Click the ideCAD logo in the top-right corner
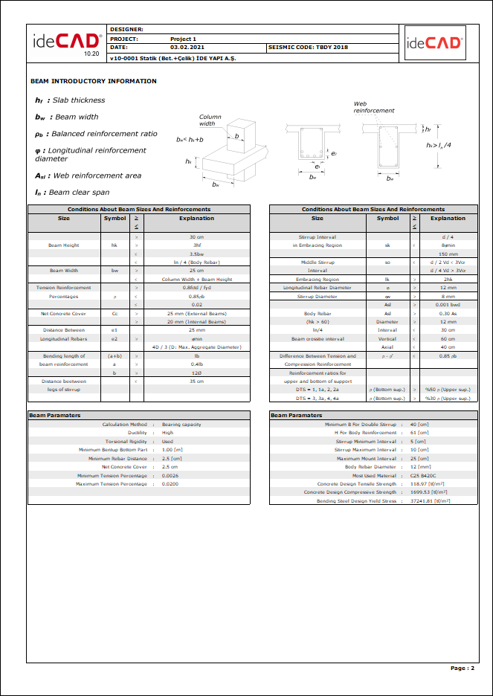click(434, 43)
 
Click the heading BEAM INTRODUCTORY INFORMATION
click(94, 81)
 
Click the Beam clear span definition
click(79, 193)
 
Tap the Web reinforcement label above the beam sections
click(373, 107)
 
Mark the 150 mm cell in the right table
click(448, 254)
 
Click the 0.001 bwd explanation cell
click(448, 304)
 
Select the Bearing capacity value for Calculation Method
click(181, 425)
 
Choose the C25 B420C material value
click(423, 475)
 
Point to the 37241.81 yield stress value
click(431, 501)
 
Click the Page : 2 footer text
click(462, 668)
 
